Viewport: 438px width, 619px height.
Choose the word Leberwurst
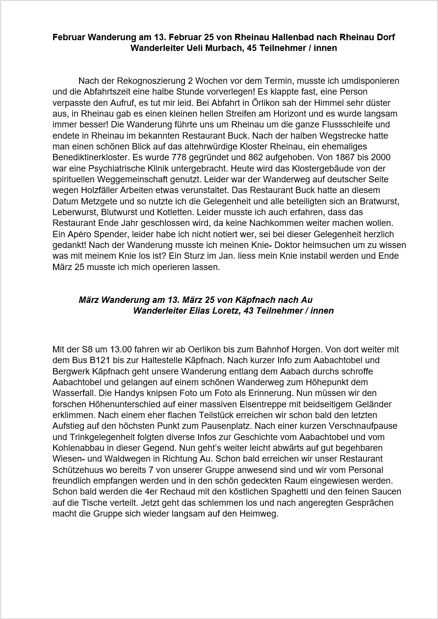75,212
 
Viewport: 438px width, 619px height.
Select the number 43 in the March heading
248,311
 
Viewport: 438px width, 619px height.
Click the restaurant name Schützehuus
76,470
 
